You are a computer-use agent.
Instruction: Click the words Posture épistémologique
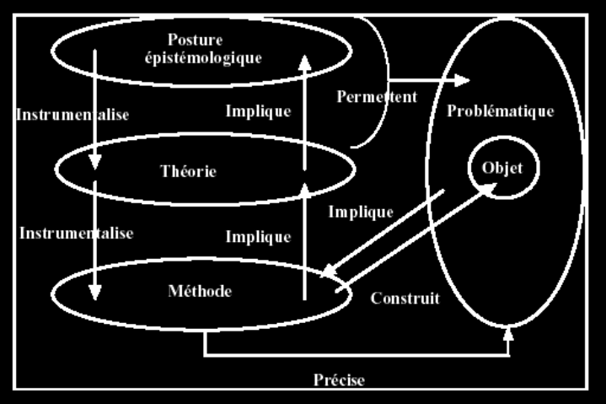(x=215, y=49)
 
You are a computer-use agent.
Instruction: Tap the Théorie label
(x=188, y=171)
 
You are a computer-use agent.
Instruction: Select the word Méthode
(x=200, y=291)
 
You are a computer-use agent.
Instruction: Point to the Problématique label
(x=501, y=110)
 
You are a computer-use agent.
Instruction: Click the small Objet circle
(x=502, y=168)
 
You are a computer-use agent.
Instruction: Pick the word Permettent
(x=377, y=96)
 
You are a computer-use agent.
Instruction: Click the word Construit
(x=405, y=298)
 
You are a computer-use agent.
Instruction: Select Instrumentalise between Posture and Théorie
(x=72, y=115)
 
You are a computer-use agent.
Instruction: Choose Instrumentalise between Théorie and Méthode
(x=77, y=231)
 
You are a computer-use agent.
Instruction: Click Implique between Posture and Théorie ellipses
(x=258, y=110)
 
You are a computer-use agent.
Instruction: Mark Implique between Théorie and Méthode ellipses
(x=258, y=237)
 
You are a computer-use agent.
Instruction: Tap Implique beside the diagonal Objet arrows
(x=361, y=211)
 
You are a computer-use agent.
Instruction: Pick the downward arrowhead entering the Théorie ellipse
(x=95, y=160)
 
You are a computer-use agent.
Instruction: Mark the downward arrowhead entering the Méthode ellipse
(x=95, y=291)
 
